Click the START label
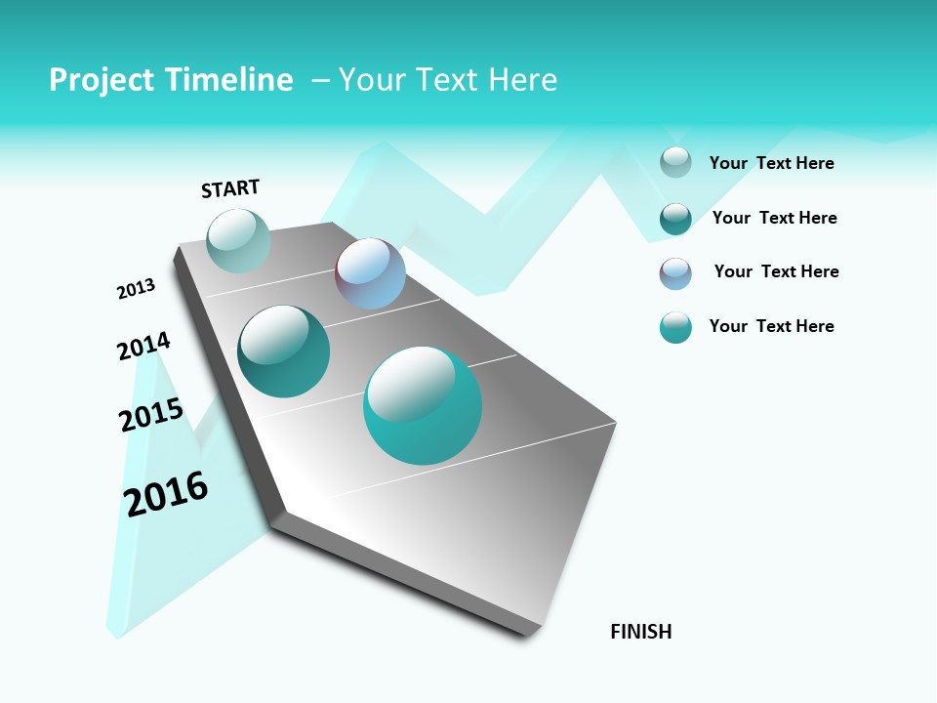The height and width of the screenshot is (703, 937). pyautogui.click(x=230, y=188)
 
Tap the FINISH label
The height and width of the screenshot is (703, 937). pyautogui.click(x=640, y=632)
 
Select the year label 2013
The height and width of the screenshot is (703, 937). pyautogui.click(x=136, y=289)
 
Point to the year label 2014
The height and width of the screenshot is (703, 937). pyautogui.click(x=143, y=347)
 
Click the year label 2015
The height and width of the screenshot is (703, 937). pyautogui.click(x=151, y=415)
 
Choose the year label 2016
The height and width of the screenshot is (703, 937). pyautogui.click(x=166, y=494)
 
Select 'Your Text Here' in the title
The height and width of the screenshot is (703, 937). pyautogui.click(x=448, y=80)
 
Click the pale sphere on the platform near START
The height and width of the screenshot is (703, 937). pyautogui.click(x=238, y=240)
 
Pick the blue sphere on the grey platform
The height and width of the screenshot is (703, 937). pyautogui.click(x=370, y=273)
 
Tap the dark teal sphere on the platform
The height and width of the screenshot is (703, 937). pyautogui.click(x=283, y=351)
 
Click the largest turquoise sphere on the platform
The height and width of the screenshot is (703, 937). pyautogui.click(x=423, y=405)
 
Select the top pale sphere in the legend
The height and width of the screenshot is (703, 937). pyautogui.click(x=675, y=162)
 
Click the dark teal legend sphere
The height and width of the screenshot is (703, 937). pyautogui.click(x=675, y=219)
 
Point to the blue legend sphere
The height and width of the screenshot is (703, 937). pyautogui.click(x=675, y=273)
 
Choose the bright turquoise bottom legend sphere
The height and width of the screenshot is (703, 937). pyautogui.click(x=675, y=328)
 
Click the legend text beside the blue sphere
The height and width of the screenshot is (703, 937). pyautogui.click(x=776, y=271)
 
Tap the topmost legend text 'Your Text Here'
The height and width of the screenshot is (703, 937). pyautogui.click(x=771, y=163)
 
